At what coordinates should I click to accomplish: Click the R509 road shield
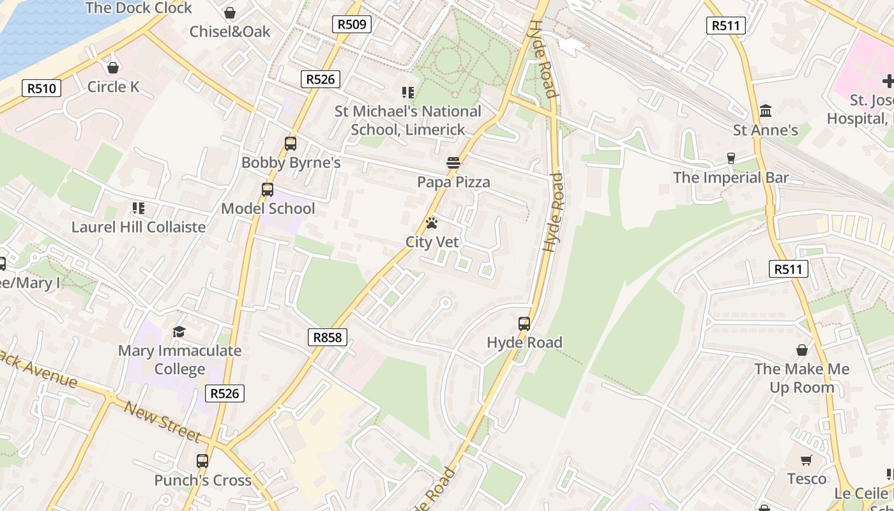pyautogui.click(x=352, y=24)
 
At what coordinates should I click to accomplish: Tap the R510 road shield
pyautogui.click(x=42, y=88)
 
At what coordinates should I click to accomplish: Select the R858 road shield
pyautogui.click(x=328, y=337)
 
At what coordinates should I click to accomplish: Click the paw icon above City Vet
pyautogui.click(x=432, y=223)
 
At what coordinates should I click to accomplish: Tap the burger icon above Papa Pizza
pyautogui.click(x=453, y=163)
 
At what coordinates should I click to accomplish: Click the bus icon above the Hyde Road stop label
pyautogui.click(x=524, y=323)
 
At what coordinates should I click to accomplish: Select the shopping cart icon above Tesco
pyautogui.click(x=807, y=460)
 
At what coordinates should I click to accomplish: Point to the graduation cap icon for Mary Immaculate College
pyautogui.click(x=179, y=332)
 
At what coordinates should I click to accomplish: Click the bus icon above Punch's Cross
pyautogui.click(x=202, y=461)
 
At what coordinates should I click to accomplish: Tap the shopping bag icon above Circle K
pyautogui.click(x=113, y=67)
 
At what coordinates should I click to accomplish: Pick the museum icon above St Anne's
pyautogui.click(x=766, y=111)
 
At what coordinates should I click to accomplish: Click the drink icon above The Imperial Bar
pyautogui.click(x=731, y=158)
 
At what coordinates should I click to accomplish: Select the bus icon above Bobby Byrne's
pyautogui.click(x=291, y=144)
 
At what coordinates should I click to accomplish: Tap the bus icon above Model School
pyautogui.click(x=268, y=190)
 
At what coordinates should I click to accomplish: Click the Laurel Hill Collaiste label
pyautogui.click(x=139, y=227)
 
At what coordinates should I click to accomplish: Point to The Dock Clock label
pyautogui.click(x=139, y=8)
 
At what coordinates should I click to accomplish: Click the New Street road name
pyautogui.click(x=162, y=421)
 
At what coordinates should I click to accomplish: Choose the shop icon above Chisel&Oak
pyautogui.click(x=230, y=13)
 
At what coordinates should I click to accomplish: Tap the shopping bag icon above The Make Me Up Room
pyautogui.click(x=802, y=350)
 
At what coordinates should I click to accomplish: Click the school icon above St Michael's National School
pyautogui.click(x=408, y=93)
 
